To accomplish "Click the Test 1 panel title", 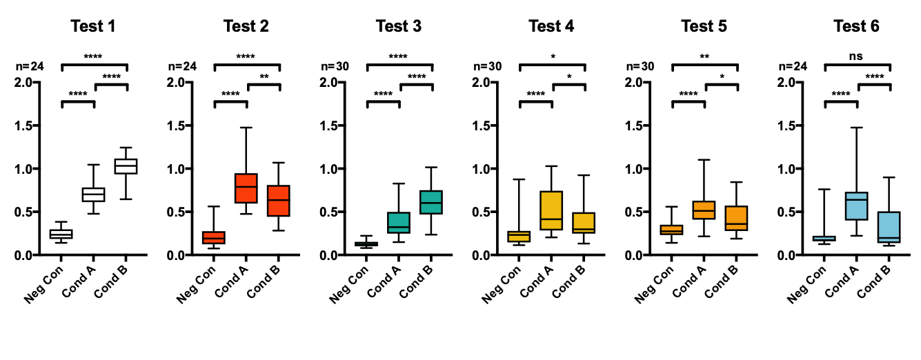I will click(93, 27).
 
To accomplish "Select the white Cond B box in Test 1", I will click(126, 166).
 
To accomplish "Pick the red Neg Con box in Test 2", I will click(214, 237).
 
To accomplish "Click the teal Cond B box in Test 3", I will click(431, 202).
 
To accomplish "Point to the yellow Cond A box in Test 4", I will click(551, 210).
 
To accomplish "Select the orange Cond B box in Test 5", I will click(737, 218).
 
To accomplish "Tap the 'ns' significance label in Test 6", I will click(857, 57).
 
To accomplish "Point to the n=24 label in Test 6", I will click(793, 67).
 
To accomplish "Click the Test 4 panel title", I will click(551, 27).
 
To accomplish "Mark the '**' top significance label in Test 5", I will click(704, 57).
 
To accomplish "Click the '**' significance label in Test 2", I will click(264, 77).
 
